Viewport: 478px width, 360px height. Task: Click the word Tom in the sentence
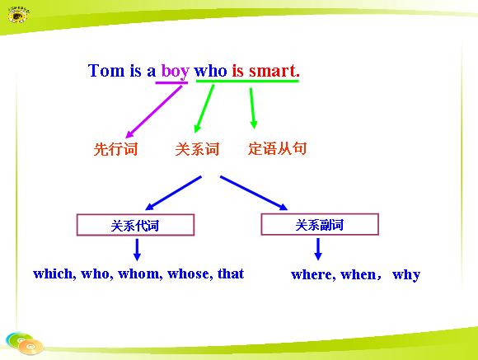pyautogui.click(x=106, y=71)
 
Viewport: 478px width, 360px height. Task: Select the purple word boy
pyautogui.click(x=176, y=72)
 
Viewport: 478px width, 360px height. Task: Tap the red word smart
pyautogui.click(x=274, y=71)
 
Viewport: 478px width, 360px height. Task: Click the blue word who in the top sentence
pyautogui.click(x=210, y=71)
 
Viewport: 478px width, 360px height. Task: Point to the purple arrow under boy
pyautogui.click(x=154, y=111)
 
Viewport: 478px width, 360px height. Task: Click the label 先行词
pyautogui.click(x=115, y=149)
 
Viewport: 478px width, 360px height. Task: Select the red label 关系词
pyautogui.click(x=197, y=149)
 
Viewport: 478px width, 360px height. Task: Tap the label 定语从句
pyautogui.click(x=277, y=148)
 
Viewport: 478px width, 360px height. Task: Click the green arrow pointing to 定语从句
pyautogui.click(x=252, y=108)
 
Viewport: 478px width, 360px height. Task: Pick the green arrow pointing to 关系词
pyautogui.click(x=204, y=109)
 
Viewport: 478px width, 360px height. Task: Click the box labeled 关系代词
pyautogui.click(x=135, y=225)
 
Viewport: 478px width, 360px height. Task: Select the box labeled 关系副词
pyautogui.click(x=320, y=224)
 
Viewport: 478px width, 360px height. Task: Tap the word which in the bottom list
pyautogui.click(x=54, y=274)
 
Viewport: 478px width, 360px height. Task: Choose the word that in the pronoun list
pyautogui.click(x=231, y=274)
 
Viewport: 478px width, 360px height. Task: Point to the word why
pyautogui.click(x=406, y=275)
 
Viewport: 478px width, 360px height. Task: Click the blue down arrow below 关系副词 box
pyautogui.click(x=318, y=249)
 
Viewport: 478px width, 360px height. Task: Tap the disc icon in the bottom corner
pyautogui.click(x=25, y=344)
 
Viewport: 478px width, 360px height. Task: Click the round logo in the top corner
pyautogui.click(x=18, y=15)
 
